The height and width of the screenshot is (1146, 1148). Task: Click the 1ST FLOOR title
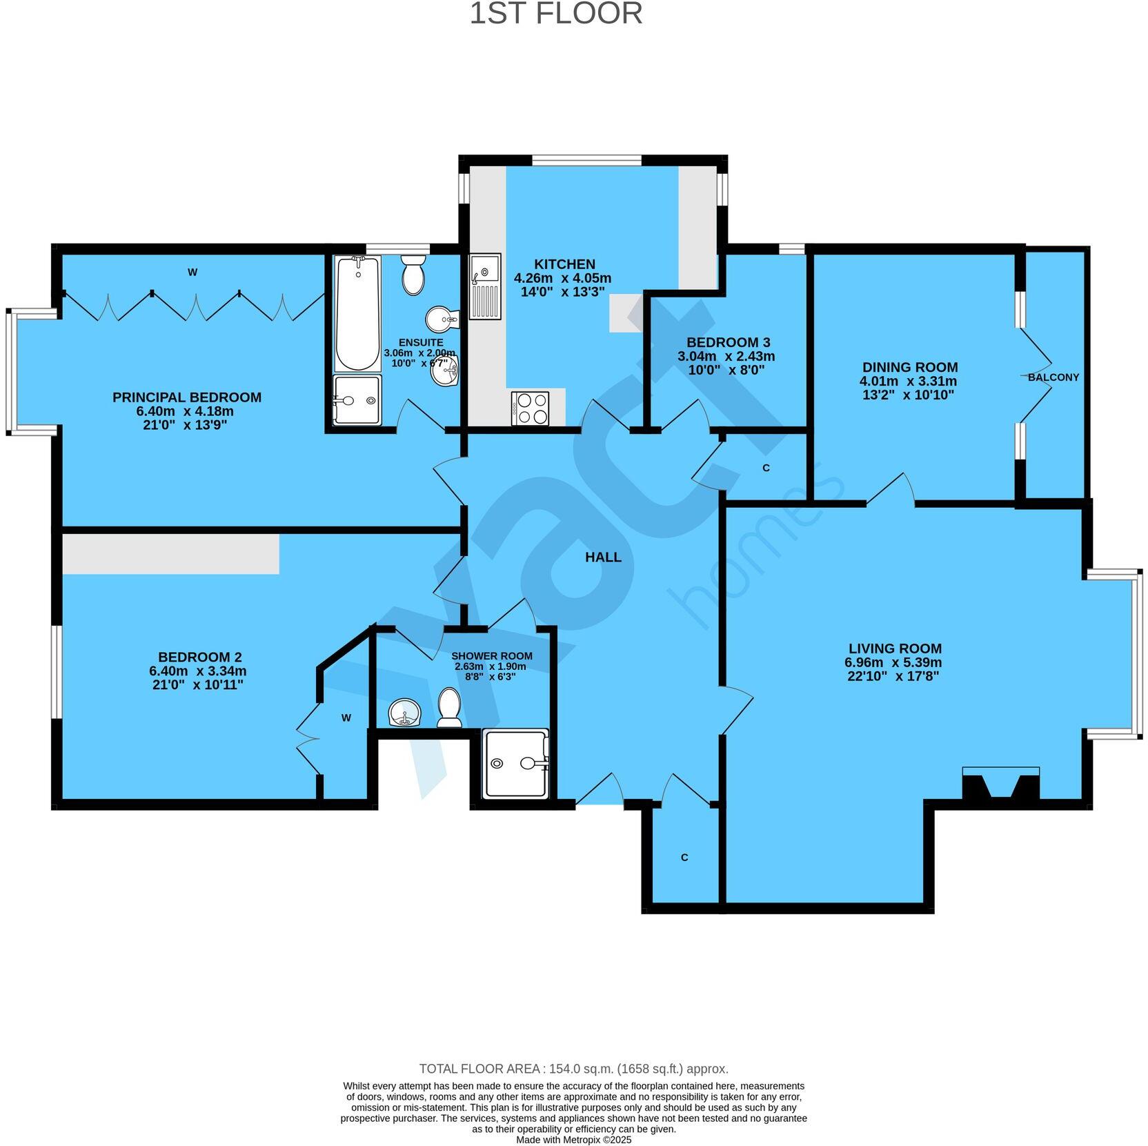555,14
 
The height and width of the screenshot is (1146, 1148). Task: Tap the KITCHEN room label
564,264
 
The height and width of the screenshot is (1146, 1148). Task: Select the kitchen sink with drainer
485,286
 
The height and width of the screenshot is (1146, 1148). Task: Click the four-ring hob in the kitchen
531,408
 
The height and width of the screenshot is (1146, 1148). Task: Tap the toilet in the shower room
450,707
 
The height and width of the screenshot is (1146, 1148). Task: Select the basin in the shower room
405,712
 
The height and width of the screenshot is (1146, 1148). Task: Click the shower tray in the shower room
515,763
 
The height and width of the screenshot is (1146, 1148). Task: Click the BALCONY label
1053,377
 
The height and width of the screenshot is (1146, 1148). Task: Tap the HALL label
603,557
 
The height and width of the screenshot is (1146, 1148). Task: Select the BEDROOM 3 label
728,342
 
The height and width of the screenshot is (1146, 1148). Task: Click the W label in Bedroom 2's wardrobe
346,718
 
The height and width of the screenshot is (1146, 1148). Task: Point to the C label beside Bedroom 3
766,468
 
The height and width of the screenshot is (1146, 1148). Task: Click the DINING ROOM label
909,367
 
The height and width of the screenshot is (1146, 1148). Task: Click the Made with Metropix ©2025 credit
573,1140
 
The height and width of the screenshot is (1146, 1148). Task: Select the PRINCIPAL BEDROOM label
186,397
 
